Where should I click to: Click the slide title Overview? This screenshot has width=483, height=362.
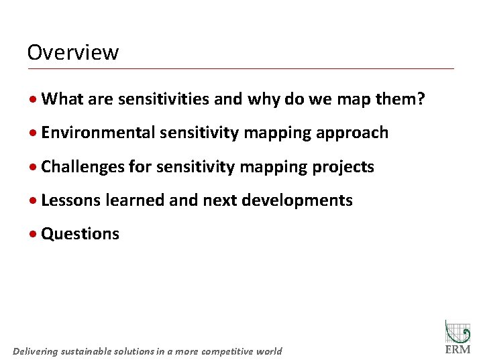click(73, 52)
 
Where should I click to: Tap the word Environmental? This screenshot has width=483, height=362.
click(97, 133)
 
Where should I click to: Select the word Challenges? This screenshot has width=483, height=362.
click(83, 166)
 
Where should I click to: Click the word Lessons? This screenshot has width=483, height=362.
click(72, 200)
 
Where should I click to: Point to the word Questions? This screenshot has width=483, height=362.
click(80, 234)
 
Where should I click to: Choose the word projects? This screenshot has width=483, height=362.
click(343, 166)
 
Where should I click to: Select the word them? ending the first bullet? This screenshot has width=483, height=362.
click(400, 99)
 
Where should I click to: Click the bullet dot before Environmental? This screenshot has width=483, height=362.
click(33, 133)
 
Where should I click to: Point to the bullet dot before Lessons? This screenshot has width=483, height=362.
click(33, 200)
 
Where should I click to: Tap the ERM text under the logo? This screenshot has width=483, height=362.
click(458, 350)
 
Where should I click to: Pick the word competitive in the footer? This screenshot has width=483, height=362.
click(225, 351)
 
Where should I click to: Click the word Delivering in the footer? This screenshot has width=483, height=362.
click(36, 351)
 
